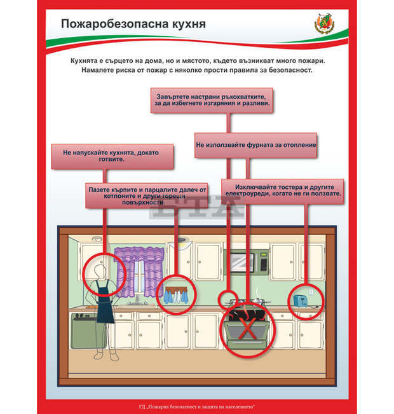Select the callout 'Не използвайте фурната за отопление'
click(255, 145)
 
